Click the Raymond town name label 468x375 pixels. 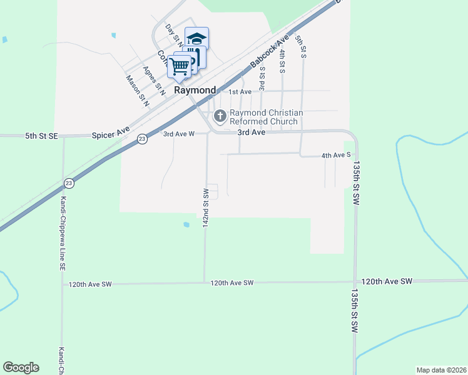click(x=195, y=90)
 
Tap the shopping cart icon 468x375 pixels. click(x=180, y=66)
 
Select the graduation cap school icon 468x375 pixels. click(x=197, y=39)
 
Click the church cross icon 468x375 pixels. click(x=220, y=116)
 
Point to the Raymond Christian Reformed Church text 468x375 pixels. click(x=267, y=117)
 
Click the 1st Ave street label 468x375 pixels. click(x=239, y=92)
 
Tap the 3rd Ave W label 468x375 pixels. click(x=179, y=134)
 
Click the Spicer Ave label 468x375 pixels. click(x=110, y=134)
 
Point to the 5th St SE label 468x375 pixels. click(x=41, y=135)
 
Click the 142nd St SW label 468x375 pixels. click(x=205, y=207)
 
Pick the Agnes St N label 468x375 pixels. click(x=153, y=81)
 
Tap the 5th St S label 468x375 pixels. click(x=301, y=47)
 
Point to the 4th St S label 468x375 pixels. click(x=282, y=59)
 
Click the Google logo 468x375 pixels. click(x=21, y=367)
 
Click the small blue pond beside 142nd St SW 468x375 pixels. click(x=186, y=224)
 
